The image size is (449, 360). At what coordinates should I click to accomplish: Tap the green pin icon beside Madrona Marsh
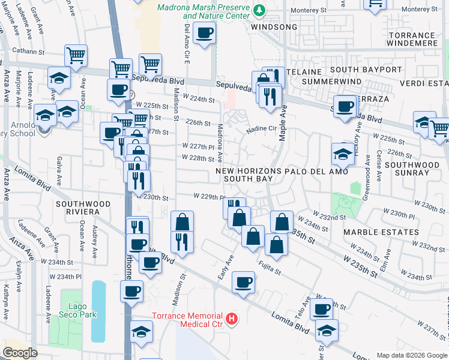tap(259, 10)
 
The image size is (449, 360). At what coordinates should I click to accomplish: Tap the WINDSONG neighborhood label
tap(274, 28)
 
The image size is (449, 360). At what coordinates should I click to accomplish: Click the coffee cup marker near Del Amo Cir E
tap(205, 33)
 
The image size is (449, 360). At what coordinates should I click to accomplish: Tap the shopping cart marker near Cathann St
tap(76, 56)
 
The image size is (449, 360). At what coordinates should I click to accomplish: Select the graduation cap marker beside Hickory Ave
tap(343, 154)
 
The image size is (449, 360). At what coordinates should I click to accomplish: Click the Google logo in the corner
tap(20, 352)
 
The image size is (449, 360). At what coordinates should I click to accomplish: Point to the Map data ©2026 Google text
tap(411, 355)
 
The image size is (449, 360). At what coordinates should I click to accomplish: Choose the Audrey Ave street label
tap(95, 238)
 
